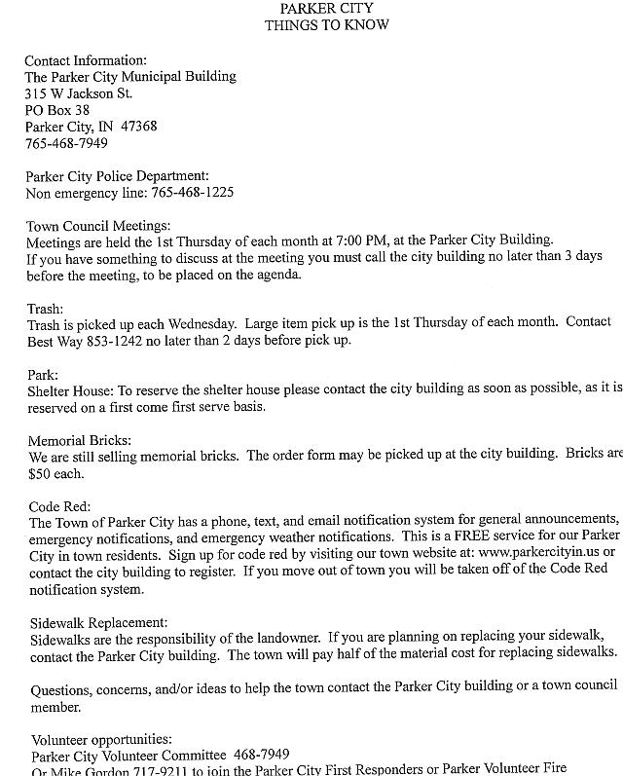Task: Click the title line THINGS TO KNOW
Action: tap(326, 25)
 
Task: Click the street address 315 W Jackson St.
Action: tap(79, 93)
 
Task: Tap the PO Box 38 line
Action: tap(57, 110)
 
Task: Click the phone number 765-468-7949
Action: tap(66, 143)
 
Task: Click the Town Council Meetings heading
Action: tap(98, 226)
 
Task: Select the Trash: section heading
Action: tap(44, 309)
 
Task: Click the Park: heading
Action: tap(43, 374)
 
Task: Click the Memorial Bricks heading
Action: tap(81, 440)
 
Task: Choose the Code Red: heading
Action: tap(60, 506)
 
